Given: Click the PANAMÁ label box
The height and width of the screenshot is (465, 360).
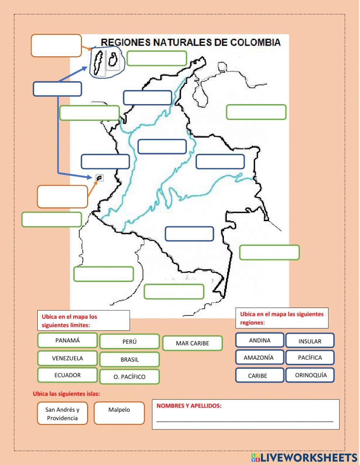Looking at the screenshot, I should click(67, 340).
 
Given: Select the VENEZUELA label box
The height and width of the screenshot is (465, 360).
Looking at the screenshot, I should click(67, 358).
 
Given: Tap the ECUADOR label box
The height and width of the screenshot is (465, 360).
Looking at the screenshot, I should click(67, 375).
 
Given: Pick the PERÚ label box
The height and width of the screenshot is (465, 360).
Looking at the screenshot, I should click(130, 342).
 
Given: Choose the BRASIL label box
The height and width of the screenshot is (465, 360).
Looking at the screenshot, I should click(130, 359).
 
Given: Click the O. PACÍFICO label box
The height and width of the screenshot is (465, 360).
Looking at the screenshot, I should click(130, 377).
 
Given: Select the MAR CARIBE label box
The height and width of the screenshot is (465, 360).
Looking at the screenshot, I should click(192, 343).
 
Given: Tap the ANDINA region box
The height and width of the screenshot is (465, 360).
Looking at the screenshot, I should click(260, 340).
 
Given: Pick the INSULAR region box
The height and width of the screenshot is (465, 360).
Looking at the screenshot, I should click(310, 341).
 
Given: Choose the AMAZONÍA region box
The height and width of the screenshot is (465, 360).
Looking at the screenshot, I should click(258, 358).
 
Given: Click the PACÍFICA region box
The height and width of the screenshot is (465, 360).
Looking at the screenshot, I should click(310, 358).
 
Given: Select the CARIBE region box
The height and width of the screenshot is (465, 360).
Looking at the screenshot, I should click(257, 376).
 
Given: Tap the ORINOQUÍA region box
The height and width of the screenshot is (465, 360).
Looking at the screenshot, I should click(311, 375).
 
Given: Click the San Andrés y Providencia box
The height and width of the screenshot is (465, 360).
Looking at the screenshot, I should click(62, 413).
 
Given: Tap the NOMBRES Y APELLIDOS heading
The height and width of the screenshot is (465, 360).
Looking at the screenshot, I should click(189, 406).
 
